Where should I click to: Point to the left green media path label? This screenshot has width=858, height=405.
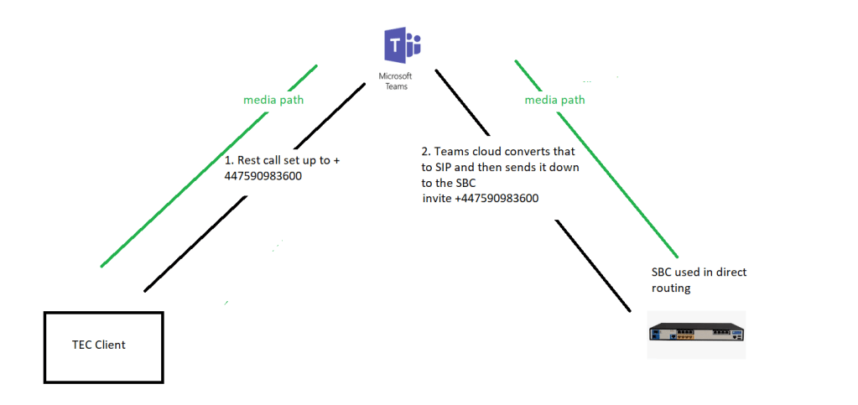[273, 101]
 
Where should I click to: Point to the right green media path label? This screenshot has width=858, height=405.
[554, 101]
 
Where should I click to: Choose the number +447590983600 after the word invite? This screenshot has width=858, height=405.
[497, 198]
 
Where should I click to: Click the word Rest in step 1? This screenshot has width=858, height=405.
[249, 160]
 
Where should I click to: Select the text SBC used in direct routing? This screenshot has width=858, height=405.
[698, 279]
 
